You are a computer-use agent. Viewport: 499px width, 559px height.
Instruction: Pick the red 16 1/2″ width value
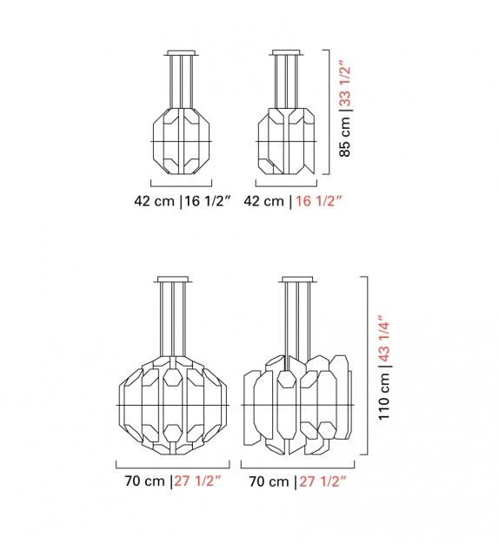point(316,201)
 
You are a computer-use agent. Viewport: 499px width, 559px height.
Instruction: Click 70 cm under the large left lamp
point(142,481)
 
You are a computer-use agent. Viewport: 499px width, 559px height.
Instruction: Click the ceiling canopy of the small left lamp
point(182,52)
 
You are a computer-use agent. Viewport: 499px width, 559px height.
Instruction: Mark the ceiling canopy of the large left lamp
point(174,279)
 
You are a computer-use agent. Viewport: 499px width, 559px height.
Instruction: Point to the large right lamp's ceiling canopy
point(298,279)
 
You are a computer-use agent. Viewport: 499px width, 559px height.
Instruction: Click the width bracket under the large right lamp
point(298,464)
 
